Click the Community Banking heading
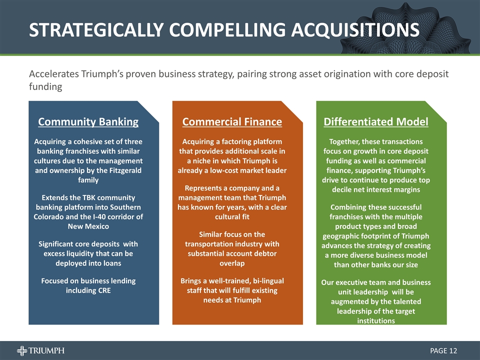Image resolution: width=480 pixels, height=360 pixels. tap(88, 121)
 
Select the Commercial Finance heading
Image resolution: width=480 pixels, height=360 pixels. tap(232, 121)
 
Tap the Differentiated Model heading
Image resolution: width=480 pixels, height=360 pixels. tap(375, 121)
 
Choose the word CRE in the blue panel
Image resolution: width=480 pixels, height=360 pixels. tap(102, 290)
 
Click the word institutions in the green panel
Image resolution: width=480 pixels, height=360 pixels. tap(375, 320)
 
